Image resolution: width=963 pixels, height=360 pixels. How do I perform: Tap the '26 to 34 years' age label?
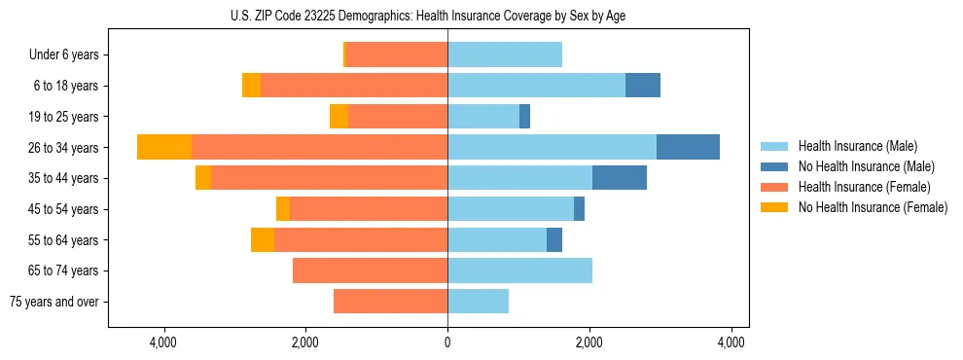click(63, 147)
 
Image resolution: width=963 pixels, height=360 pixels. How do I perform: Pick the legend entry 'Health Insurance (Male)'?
click(857, 146)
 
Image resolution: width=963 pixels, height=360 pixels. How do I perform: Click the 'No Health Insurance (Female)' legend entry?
click(873, 207)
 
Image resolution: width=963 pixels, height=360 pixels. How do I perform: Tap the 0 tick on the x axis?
click(447, 342)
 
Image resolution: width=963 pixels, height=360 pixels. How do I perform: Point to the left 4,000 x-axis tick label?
click(163, 342)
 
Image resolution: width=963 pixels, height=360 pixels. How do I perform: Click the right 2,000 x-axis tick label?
click(589, 342)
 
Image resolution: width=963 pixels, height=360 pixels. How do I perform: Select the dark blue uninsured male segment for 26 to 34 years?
click(688, 147)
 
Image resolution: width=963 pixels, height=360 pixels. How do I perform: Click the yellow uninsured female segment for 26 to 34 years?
click(164, 147)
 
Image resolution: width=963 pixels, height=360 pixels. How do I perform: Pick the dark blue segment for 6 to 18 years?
click(642, 86)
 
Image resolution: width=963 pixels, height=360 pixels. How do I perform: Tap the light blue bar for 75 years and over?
click(478, 302)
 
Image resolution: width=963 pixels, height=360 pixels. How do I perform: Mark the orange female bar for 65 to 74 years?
click(370, 270)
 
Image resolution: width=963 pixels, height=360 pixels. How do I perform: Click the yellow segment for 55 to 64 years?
click(262, 239)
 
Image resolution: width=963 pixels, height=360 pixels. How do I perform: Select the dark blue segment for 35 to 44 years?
click(619, 178)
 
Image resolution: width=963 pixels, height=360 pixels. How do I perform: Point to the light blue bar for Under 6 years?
click(504, 54)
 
